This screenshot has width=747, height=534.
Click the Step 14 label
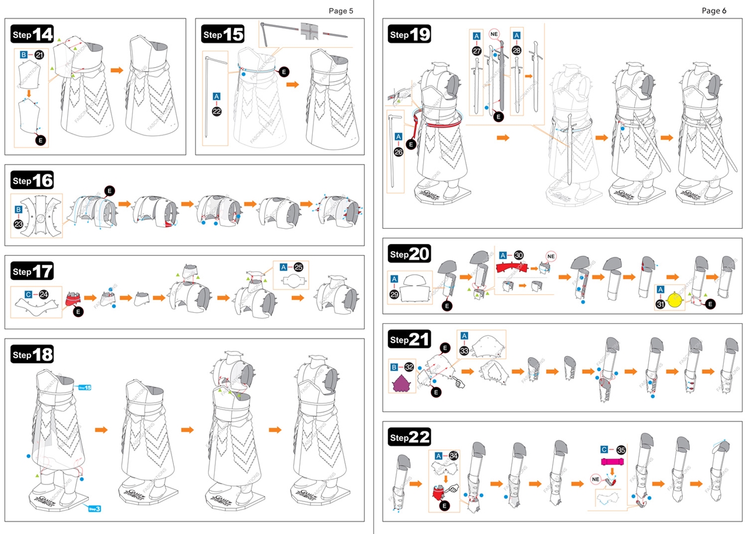click(33, 34)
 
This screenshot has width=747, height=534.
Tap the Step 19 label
click(410, 34)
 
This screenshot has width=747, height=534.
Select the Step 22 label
click(410, 437)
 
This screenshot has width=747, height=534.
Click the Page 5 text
click(341, 11)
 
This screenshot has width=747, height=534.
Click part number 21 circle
click(40, 55)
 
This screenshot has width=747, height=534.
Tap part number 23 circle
click(18, 224)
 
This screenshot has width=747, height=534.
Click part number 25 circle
click(299, 267)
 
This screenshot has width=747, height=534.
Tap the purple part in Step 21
click(402, 384)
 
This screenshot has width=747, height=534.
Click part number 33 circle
click(465, 351)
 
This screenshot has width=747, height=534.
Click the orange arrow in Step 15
click(292, 85)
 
